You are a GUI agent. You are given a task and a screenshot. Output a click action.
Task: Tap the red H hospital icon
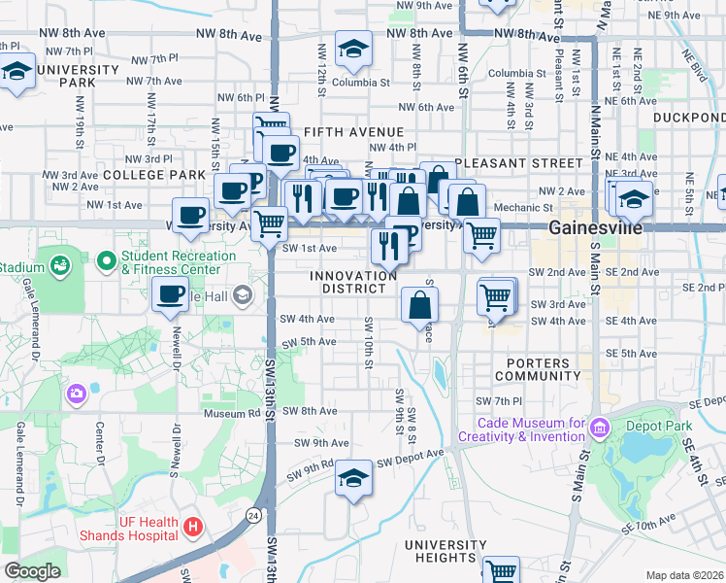193,527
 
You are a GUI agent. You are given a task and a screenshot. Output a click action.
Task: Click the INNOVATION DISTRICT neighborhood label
353,282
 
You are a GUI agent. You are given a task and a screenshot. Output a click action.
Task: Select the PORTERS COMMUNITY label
537,368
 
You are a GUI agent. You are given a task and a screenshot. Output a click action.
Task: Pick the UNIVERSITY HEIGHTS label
445,551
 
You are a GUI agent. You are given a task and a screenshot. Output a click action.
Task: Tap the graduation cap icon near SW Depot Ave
353,478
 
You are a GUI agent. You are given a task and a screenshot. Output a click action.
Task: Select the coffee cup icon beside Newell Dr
171,293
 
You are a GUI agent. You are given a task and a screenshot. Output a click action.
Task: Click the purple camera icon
76,394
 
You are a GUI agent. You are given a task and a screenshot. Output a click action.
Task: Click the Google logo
33,570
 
